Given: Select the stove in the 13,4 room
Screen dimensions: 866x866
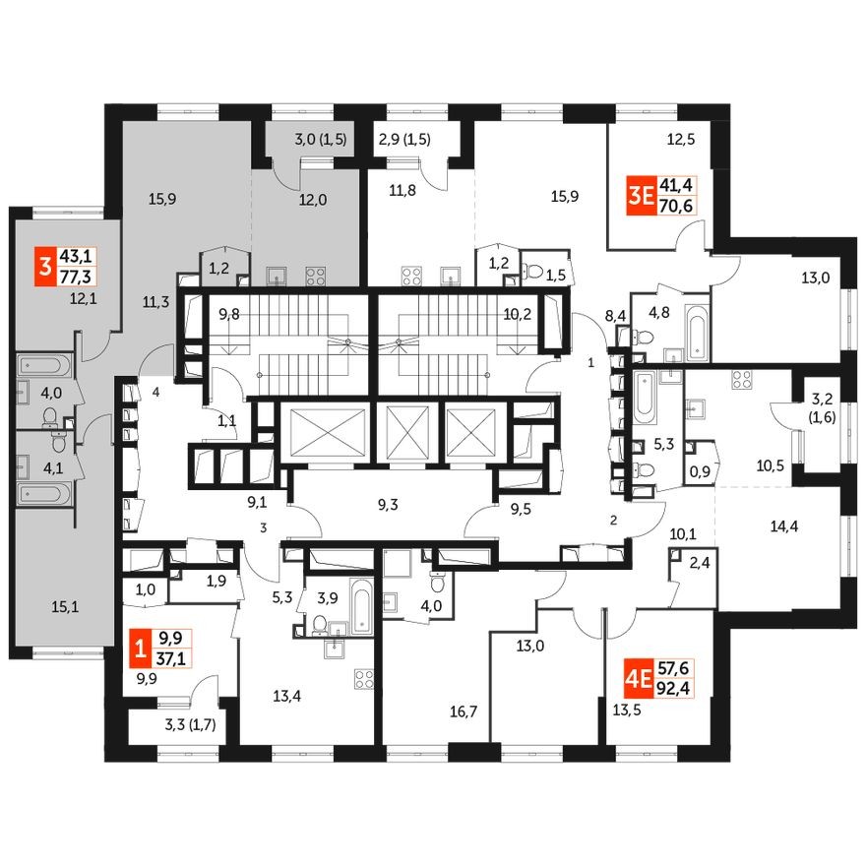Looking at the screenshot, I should point(364,678).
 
